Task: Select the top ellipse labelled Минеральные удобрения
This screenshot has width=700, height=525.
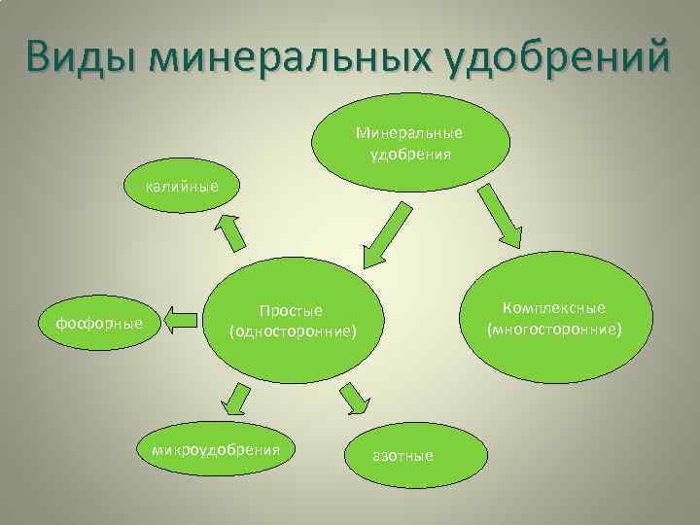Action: tap(408, 142)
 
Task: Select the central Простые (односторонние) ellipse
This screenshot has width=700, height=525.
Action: tap(293, 322)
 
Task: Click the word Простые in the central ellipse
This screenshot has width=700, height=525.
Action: tap(292, 311)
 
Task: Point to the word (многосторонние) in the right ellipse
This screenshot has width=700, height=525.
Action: tap(554, 330)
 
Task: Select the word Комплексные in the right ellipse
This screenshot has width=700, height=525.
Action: tap(554, 308)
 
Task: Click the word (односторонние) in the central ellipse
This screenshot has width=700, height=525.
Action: tap(293, 332)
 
